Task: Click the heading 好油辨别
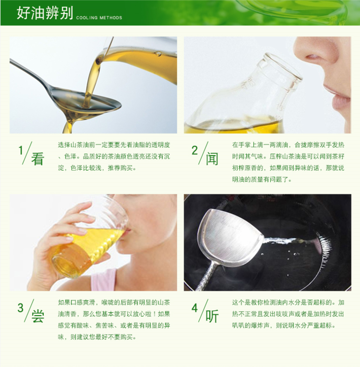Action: tap(45, 13)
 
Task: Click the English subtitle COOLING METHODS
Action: tap(99, 18)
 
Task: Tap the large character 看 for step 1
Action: tap(37, 159)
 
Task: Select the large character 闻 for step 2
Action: tap(212, 159)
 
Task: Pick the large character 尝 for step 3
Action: tap(37, 316)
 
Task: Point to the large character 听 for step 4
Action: tap(212, 316)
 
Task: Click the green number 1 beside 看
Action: tap(21, 150)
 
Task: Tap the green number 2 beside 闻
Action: tap(194, 150)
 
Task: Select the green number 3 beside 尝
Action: tap(21, 308)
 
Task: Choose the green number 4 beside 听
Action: tap(195, 308)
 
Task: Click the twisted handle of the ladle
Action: tap(206, 276)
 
